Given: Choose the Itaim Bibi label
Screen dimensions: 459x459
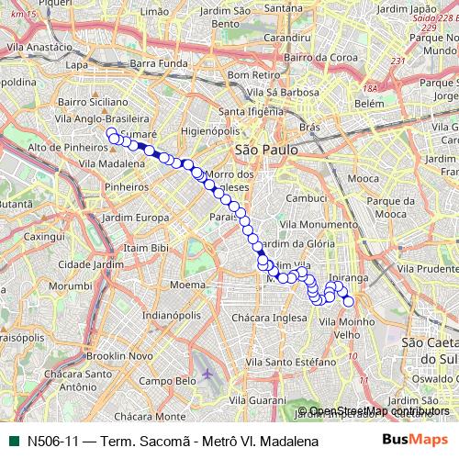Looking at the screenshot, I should pyautogui.click(x=147, y=249).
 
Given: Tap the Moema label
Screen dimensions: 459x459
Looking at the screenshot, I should pyautogui.click(x=187, y=285).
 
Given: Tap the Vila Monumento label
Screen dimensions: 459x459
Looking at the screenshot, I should pyautogui.click(x=309, y=224).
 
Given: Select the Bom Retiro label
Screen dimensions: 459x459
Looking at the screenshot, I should pyautogui.click(x=252, y=73).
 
